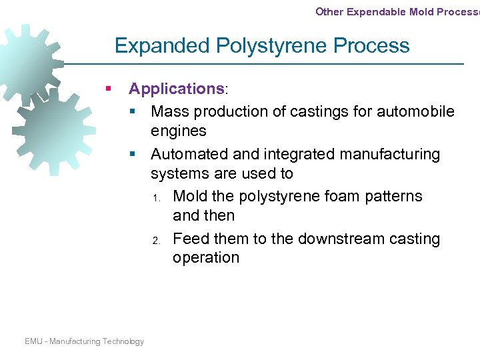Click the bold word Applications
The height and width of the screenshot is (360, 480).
[x=177, y=89]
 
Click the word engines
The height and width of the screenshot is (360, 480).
[x=179, y=131]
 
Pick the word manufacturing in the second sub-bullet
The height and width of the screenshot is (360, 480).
[x=389, y=155]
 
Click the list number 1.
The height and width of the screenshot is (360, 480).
[x=154, y=198]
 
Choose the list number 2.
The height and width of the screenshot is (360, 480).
[x=154, y=240]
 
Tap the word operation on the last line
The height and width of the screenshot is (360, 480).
[x=205, y=258]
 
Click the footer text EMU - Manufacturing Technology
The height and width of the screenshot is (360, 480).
[x=84, y=341]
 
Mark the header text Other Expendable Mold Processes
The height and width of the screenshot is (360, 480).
[x=397, y=11]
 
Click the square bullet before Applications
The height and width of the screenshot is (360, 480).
[x=107, y=89]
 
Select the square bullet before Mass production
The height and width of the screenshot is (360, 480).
[x=133, y=111]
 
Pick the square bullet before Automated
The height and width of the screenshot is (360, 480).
[x=133, y=155]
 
